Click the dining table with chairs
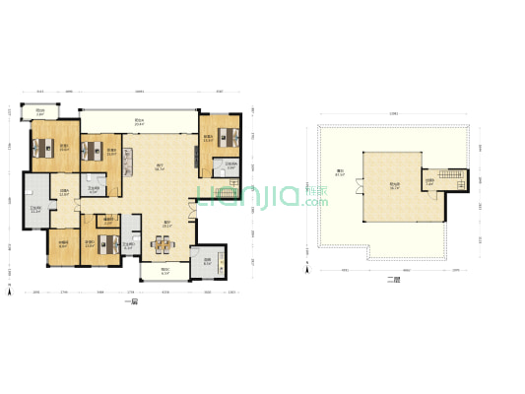coord(161,244)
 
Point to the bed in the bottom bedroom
coord(106,244)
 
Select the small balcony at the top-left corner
coord(39,111)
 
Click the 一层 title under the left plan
coord(133,300)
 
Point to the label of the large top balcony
coord(140,123)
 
